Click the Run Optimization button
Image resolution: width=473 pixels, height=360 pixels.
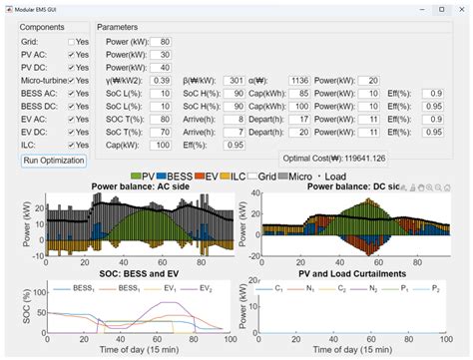(x=54, y=160)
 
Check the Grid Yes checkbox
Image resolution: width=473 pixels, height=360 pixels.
(x=71, y=42)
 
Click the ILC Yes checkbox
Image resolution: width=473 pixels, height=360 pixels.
(x=71, y=144)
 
